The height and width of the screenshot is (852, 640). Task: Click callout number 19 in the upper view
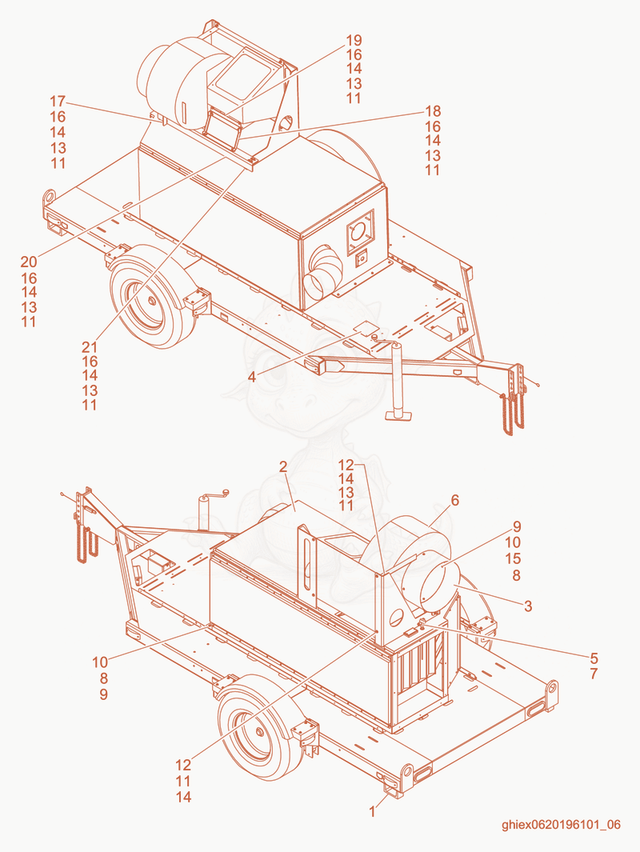pyautogui.click(x=354, y=40)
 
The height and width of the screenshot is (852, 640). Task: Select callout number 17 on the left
pyautogui.click(x=58, y=102)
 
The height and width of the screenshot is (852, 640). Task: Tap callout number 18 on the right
pyautogui.click(x=433, y=111)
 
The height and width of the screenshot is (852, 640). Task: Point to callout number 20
pyautogui.click(x=29, y=262)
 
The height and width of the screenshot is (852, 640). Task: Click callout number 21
pyautogui.click(x=90, y=346)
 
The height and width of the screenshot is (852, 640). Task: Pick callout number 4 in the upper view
pyautogui.click(x=252, y=377)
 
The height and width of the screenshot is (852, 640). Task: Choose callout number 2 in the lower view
pyautogui.click(x=283, y=466)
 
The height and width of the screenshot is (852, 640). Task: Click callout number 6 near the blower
pyautogui.click(x=454, y=500)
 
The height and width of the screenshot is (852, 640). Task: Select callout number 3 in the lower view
pyautogui.click(x=527, y=606)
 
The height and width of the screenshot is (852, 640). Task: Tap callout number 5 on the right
pyautogui.click(x=594, y=658)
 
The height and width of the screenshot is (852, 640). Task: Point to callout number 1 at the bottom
pyautogui.click(x=372, y=812)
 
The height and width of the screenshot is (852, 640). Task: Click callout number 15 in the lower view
pyautogui.click(x=513, y=558)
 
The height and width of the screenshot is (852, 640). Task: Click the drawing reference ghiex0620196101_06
pyautogui.click(x=561, y=825)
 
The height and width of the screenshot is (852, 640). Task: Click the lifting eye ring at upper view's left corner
pyautogui.click(x=50, y=195)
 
